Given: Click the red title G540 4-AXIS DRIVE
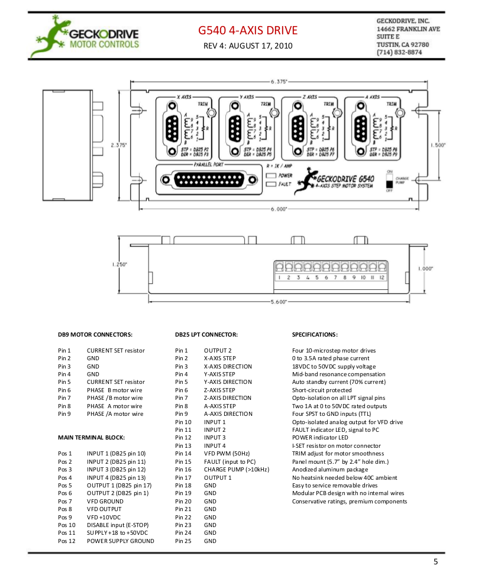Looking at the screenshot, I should pyautogui.click(x=248, y=30).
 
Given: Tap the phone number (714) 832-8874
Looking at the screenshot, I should pyautogui.click(x=399, y=52).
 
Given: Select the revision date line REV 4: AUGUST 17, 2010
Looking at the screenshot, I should pyautogui.click(x=248, y=46).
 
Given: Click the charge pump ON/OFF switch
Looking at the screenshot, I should pyautogui.click(x=389, y=180).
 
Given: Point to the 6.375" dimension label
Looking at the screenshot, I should pyautogui.click(x=279, y=81).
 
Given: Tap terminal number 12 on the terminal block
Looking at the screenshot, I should pyautogui.click(x=382, y=277).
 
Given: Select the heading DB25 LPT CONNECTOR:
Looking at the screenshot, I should pyautogui.click(x=206, y=334).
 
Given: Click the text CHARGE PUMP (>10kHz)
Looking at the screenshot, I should pyautogui.click(x=236, y=469).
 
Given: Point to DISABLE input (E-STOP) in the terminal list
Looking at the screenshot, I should pyautogui.click(x=117, y=525).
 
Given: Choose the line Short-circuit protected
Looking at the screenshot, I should pyautogui.click(x=322, y=390).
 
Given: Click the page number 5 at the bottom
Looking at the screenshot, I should pyautogui.click(x=436, y=562).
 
